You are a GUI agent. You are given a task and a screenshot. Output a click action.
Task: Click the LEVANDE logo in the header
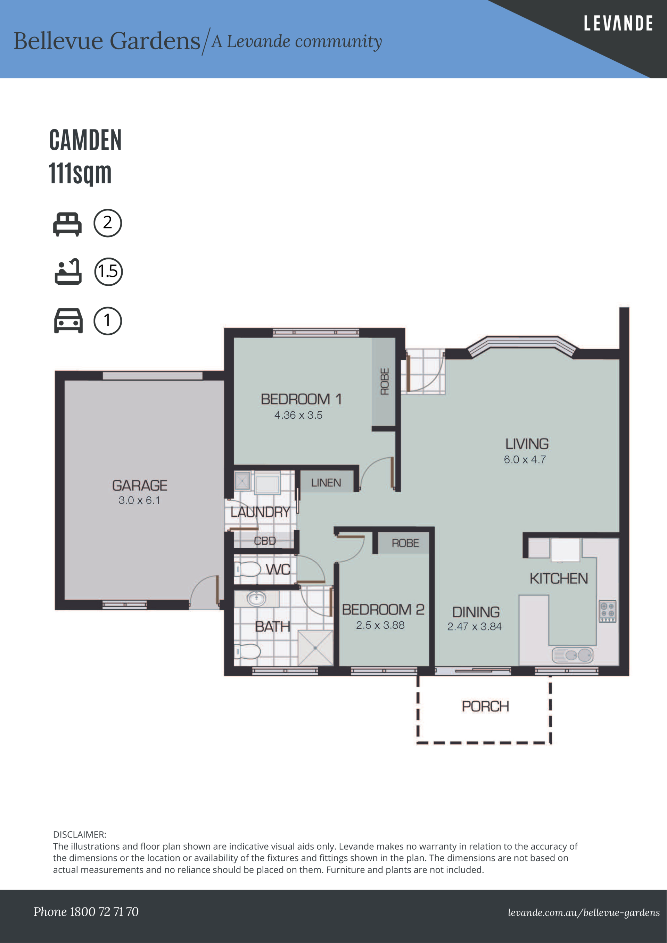pyautogui.click(x=618, y=23)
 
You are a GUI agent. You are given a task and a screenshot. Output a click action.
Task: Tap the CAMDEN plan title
pyautogui.click(x=85, y=140)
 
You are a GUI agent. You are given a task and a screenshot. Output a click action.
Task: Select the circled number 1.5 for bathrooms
pyautogui.click(x=108, y=272)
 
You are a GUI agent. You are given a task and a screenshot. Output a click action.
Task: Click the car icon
pyautogui.click(x=68, y=320)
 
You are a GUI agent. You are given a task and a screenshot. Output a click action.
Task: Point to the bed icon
pyautogui.click(x=67, y=224)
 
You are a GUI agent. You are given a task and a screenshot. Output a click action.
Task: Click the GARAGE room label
pyautogui.click(x=140, y=485)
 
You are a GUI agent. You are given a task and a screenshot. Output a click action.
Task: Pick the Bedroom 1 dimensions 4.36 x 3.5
pyautogui.click(x=298, y=415)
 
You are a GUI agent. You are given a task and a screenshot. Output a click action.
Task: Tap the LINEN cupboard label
pyautogui.click(x=326, y=483)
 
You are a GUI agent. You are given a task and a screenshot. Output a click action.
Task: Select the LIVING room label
pyautogui.click(x=527, y=444)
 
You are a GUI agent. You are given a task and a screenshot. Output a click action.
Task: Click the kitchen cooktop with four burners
pyautogui.click(x=607, y=611)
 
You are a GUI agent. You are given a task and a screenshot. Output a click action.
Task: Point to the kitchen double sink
pyautogui.click(x=573, y=655)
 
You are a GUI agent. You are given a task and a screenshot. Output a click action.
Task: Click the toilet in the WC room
pyautogui.click(x=248, y=569)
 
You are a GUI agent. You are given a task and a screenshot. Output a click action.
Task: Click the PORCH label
pyautogui.click(x=485, y=707)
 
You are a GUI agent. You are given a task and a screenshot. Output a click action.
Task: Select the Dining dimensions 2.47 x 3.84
pyautogui.click(x=474, y=626)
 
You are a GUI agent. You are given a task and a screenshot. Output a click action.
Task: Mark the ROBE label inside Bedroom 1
pyautogui.click(x=385, y=382)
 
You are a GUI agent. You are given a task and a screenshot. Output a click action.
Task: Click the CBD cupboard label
pyautogui.click(x=265, y=541)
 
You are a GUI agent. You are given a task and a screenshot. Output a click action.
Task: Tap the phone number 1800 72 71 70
pyautogui.click(x=104, y=912)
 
